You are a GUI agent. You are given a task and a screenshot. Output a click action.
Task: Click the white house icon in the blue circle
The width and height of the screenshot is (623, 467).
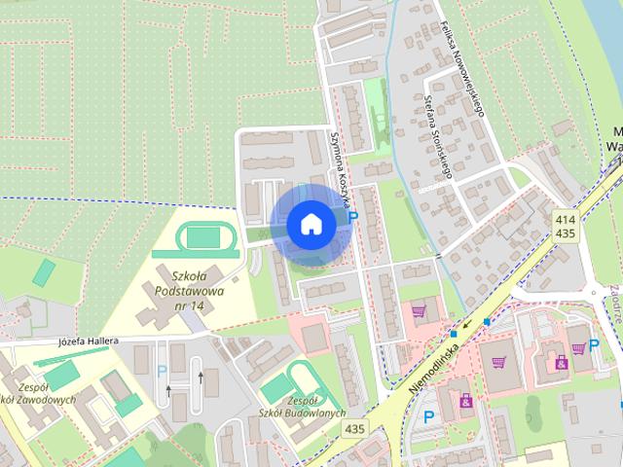(x=311, y=224)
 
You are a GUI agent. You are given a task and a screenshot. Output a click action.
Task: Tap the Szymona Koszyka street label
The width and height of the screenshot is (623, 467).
(x=342, y=165)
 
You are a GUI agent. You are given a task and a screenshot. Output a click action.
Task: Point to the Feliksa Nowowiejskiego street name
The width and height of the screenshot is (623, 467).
(x=461, y=68)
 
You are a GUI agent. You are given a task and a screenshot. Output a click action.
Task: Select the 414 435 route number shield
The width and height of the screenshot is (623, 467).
(x=566, y=227)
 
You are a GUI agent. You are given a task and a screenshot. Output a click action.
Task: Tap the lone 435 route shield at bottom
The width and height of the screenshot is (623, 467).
(x=354, y=429)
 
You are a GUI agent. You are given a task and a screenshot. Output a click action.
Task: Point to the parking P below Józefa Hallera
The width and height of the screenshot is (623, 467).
(x=163, y=370)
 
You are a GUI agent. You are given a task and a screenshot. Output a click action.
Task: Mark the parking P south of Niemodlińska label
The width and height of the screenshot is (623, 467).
(x=428, y=417)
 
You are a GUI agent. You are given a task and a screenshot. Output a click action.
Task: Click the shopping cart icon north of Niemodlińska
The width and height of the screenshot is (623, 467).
(x=420, y=311)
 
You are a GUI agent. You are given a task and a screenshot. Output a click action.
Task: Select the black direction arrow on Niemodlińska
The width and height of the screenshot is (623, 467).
(x=466, y=325)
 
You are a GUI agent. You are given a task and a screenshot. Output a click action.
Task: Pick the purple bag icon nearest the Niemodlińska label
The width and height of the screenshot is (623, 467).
(x=466, y=400)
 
